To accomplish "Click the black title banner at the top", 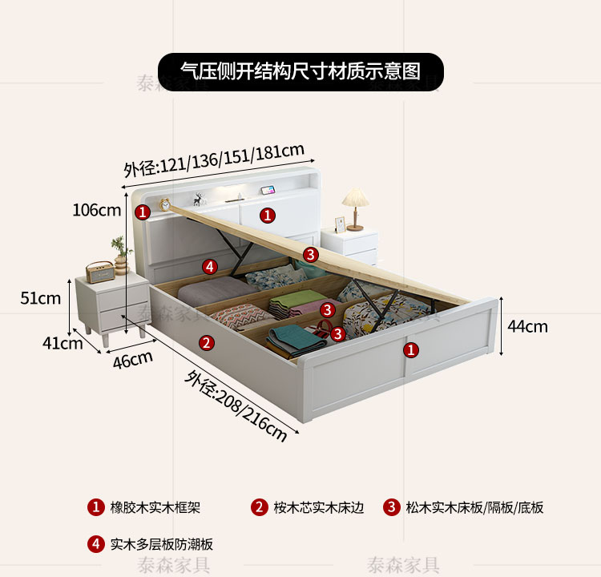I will [x=300, y=71].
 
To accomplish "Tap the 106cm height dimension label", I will [x=96, y=211].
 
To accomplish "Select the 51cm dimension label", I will [x=41, y=298].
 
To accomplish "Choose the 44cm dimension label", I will [x=528, y=326].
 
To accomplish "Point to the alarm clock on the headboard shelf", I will [x=165, y=204].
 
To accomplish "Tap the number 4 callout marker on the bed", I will [x=209, y=266].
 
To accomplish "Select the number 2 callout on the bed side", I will [x=207, y=343].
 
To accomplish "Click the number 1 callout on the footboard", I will [x=410, y=349].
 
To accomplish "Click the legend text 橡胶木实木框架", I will [x=155, y=507].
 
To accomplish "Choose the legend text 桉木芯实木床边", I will [x=319, y=507].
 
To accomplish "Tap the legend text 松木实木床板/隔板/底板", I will [x=474, y=507].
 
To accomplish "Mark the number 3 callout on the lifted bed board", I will [x=311, y=255].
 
